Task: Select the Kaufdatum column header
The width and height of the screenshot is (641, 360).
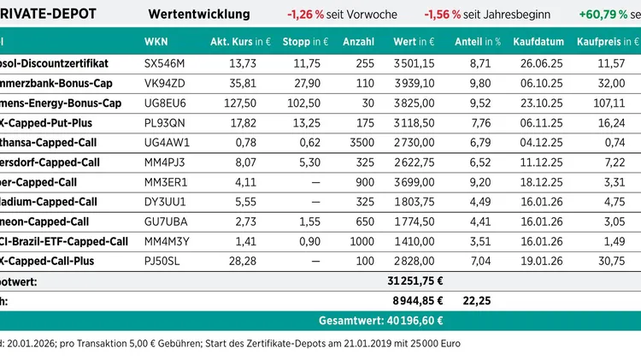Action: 537,42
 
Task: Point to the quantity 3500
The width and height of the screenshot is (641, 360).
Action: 360,143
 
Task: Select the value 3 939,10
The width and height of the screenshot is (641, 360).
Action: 414,84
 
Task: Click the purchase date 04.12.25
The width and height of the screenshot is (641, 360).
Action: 537,143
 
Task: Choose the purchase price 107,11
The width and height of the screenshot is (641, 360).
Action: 613,103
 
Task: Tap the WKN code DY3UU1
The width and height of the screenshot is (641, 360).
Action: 162,202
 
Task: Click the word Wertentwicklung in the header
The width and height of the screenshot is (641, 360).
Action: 199,14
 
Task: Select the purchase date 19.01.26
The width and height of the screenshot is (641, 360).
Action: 537,261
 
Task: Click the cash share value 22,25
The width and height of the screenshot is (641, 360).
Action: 476,300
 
